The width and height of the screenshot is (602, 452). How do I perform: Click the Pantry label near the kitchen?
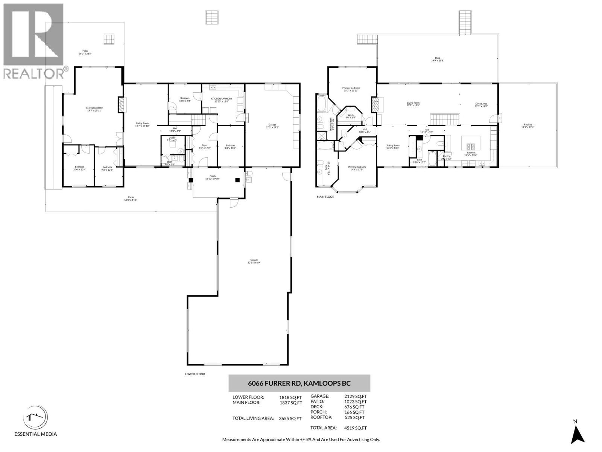(447, 157)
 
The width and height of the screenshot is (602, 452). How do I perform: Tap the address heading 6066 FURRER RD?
(299, 383)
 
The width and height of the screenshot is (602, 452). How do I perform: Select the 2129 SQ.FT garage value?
(356, 396)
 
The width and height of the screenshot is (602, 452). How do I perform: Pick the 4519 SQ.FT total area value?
(356, 428)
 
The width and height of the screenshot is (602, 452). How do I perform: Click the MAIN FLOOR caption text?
(325, 197)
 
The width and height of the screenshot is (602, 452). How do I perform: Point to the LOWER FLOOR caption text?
(195, 374)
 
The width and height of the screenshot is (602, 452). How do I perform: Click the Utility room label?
(172, 139)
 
